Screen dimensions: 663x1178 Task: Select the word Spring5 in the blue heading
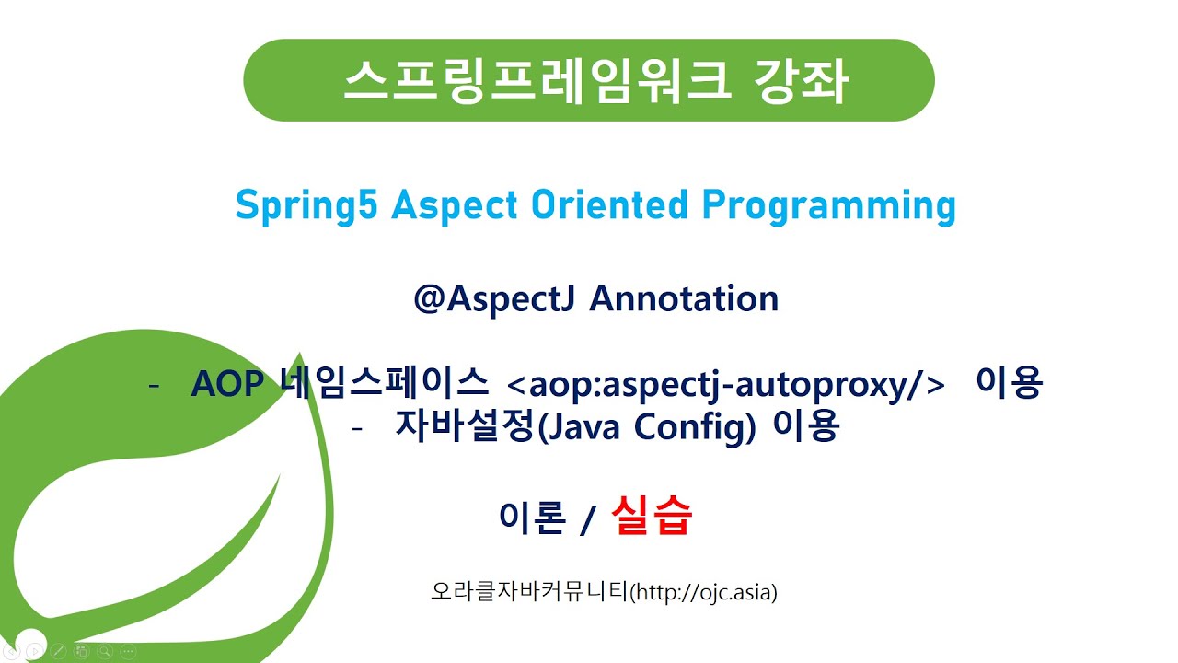pyautogui.click(x=307, y=205)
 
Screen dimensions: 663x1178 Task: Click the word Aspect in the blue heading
pyautogui.click(x=450, y=205)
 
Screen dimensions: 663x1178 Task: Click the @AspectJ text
pyautogui.click(x=496, y=299)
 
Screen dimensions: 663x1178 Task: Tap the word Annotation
pyautogui.click(x=684, y=299)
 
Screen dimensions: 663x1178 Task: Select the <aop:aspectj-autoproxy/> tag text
pyautogui.click(x=726, y=384)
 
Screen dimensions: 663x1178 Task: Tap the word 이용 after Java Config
pyautogui.click(x=806, y=426)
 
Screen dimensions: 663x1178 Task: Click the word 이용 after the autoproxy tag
pyautogui.click(x=1009, y=383)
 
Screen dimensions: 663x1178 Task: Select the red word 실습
pyautogui.click(x=651, y=517)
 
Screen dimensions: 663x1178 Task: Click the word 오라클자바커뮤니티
pyautogui.click(x=528, y=591)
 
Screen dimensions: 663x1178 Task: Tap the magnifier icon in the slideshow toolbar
pyautogui.click(x=105, y=651)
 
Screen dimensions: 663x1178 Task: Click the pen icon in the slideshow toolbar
pyautogui.click(x=58, y=651)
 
